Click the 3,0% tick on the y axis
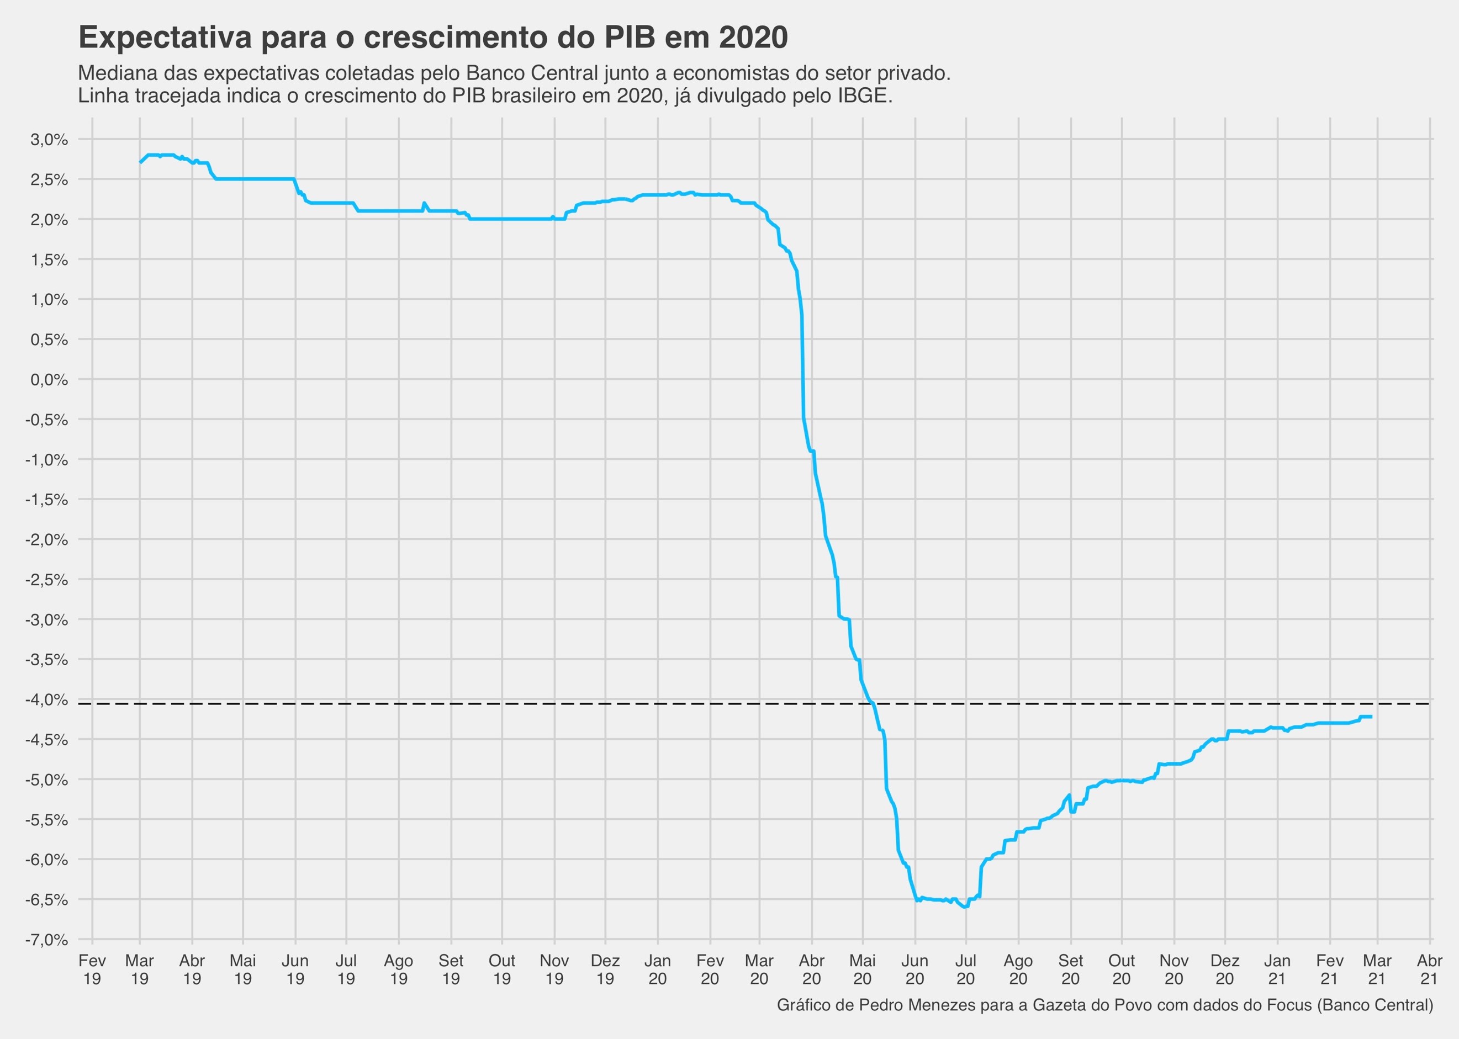[49, 140]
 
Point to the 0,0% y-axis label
[49, 380]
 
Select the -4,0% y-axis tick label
[46, 700]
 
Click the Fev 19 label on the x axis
[92, 970]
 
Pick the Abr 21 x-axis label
[1430, 970]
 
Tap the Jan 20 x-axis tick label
[657, 970]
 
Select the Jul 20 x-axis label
[966, 970]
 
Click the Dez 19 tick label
[605, 970]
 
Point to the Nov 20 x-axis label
[1173, 970]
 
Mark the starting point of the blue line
[140, 162]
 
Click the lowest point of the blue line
[965, 907]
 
